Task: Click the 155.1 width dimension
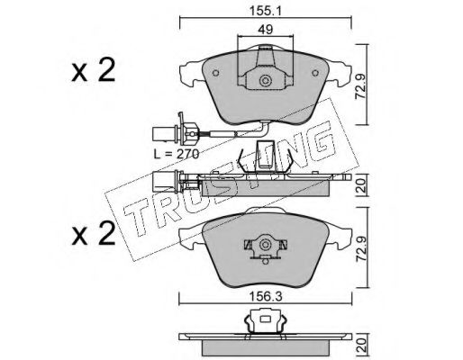click(x=265, y=11)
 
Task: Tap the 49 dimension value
click(x=265, y=30)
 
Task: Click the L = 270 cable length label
click(x=177, y=154)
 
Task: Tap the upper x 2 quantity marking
click(x=94, y=71)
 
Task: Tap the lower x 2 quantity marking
click(x=94, y=234)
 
